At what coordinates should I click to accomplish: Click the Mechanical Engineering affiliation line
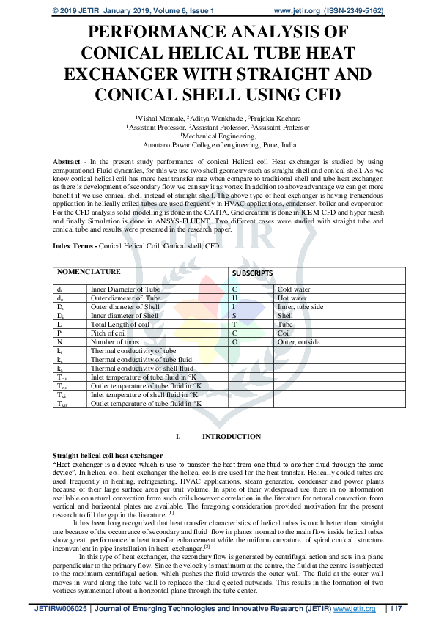click(218, 136)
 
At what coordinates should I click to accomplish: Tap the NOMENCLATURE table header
click(90, 271)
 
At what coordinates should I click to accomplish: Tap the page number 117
click(396, 608)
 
